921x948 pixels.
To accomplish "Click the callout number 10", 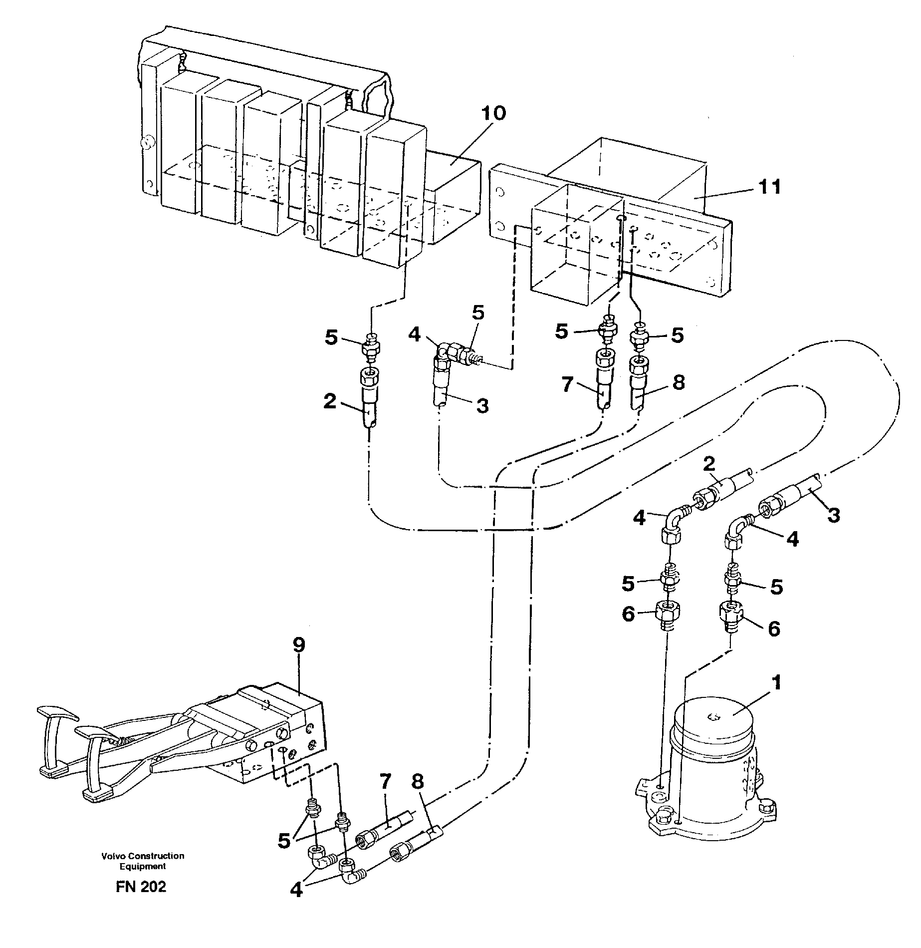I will pos(492,114).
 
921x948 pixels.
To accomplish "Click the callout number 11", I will pos(769,187).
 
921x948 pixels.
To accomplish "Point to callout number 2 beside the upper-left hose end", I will pos(330,401).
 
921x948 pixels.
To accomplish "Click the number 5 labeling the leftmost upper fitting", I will pos(331,337).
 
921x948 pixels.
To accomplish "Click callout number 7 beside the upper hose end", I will pos(566,385).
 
